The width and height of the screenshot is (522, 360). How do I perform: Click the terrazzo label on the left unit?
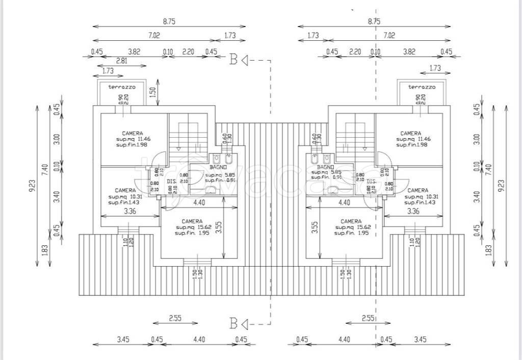[x=121, y=87]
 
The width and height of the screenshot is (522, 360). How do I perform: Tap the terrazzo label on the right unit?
[x=422, y=87]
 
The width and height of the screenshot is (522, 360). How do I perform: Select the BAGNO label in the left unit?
[x=218, y=167]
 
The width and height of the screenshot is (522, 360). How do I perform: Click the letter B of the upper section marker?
[x=233, y=60]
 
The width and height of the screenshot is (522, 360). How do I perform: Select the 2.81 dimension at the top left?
[x=121, y=61]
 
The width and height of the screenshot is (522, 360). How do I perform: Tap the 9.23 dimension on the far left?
[x=32, y=186]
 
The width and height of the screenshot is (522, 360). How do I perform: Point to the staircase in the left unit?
[x=188, y=135]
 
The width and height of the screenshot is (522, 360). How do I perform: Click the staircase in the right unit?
[x=355, y=135]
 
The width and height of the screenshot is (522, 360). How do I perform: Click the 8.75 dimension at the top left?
[x=170, y=21]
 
